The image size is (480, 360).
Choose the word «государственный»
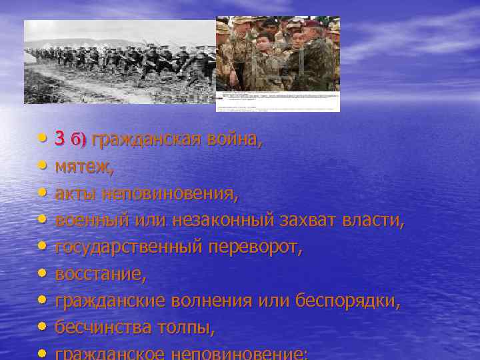pos(127,247)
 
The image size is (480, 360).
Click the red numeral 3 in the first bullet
pos(60,139)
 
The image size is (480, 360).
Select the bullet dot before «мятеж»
pos(43,167)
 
